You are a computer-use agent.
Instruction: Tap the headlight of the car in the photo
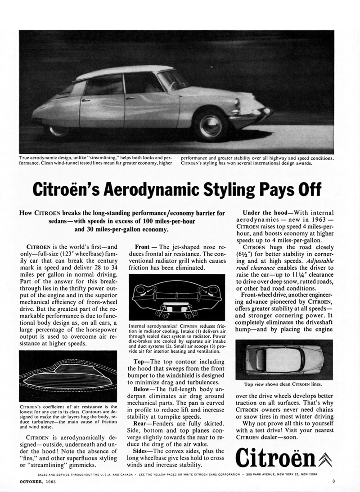click(237, 103)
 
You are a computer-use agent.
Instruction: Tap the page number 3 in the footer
click(333, 483)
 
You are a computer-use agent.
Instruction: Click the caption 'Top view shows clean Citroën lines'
click(286, 385)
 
